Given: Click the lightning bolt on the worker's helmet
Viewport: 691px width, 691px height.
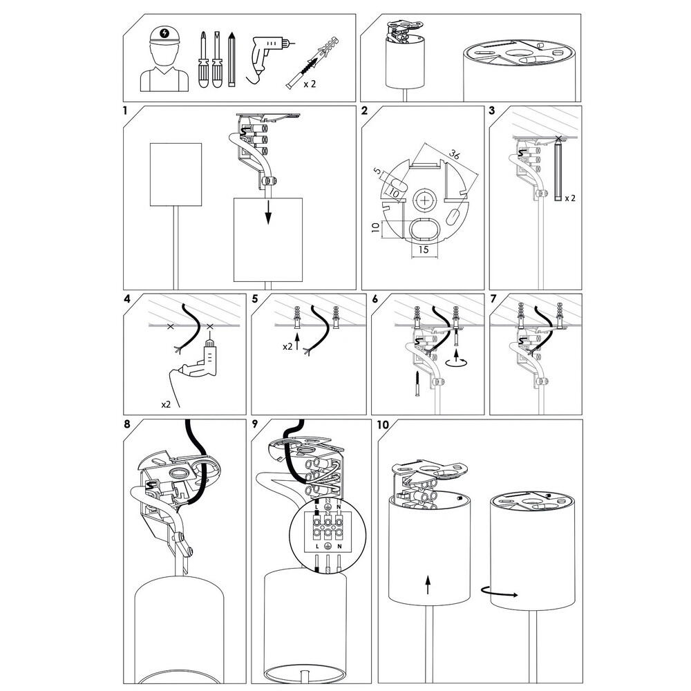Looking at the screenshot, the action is [x=165, y=32].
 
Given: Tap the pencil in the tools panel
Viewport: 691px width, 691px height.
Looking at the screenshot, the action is [x=231, y=59].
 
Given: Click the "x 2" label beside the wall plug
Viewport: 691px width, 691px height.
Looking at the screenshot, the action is [x=310, y=84].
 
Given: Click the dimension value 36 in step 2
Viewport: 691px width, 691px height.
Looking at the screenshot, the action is [x=455, y=154].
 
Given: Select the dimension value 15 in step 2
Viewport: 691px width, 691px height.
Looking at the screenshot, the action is [x=423, y=250].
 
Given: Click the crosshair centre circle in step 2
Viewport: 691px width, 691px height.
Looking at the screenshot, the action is [x=425, y=201].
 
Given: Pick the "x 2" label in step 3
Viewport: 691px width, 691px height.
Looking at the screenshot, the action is [x=570, y=198].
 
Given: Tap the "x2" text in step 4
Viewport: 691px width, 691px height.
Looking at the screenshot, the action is [x=166, y=404].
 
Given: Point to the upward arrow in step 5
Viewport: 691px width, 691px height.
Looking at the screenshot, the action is [x=297, y=342].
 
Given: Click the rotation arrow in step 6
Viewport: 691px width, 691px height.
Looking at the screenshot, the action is [x=457, y=362].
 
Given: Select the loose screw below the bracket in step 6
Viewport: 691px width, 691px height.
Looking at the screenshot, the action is [x=417, y=384].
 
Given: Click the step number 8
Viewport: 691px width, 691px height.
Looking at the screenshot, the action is [x=127, y=424].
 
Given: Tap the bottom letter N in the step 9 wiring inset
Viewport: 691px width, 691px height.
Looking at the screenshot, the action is [x=339, y=547].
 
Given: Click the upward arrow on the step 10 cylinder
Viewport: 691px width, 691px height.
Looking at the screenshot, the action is [x=428, y=584].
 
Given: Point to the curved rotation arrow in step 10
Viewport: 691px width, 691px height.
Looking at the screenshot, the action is [x=499, y=592].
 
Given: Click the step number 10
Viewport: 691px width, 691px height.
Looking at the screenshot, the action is [x=383, y=424].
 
